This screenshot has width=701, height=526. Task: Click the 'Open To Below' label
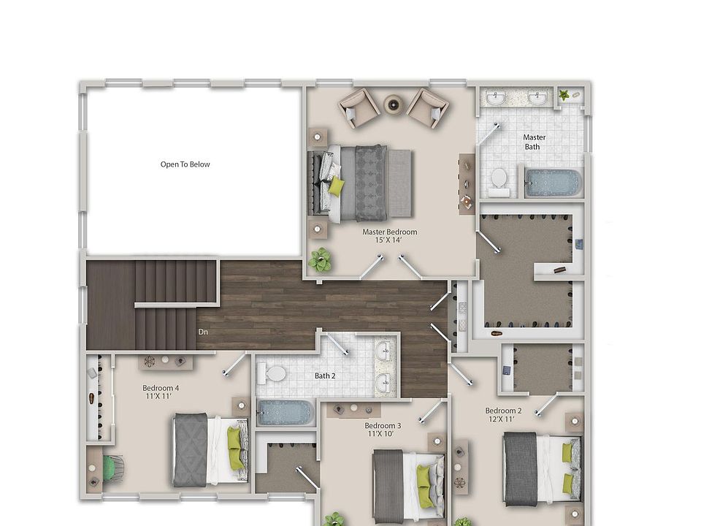[x=185, y=164]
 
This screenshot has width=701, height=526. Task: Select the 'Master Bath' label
[x=534, y=142]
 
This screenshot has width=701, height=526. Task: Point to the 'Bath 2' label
[x=325, y=376]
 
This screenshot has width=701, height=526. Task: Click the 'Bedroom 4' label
[x=160, y=388]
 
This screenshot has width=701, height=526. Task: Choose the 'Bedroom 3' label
[x=383, y=426]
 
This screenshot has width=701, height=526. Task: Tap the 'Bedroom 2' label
[x=503, y=411]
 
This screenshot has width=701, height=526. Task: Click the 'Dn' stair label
[x=202, y=332]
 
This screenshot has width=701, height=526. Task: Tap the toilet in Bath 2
[x=274, y=374]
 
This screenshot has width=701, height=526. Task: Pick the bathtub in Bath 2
[x=286, y=413]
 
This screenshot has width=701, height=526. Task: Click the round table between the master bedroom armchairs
[x=394, y=105]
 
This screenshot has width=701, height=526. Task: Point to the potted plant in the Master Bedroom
[x=319, y=259]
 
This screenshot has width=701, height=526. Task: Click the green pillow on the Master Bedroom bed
[x=336, y=187]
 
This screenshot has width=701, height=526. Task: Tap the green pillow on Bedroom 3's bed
[x=423, y=477]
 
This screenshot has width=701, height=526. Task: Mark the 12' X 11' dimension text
[x=503, y=419]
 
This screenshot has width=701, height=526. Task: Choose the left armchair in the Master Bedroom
[x=359, y=108]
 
